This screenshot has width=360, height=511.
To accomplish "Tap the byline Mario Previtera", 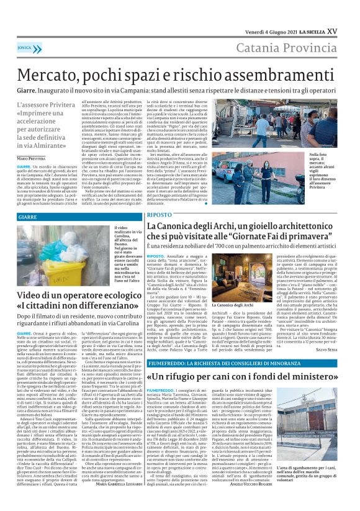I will coord(30,160).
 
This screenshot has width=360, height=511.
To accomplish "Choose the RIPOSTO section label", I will coord(160,214).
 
